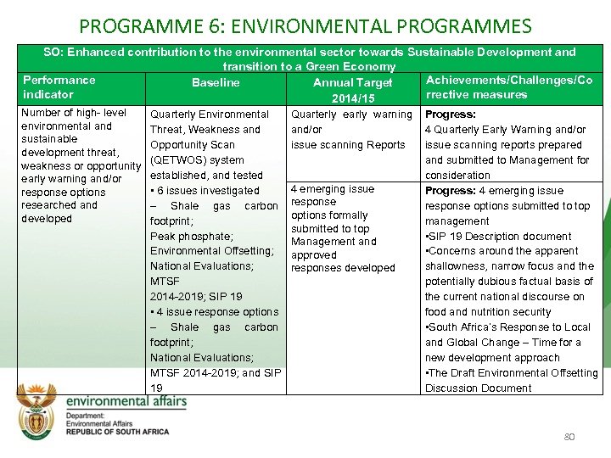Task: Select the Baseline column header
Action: click(216, 83)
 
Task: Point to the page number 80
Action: click(569, 437)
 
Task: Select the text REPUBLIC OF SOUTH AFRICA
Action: click(118, 431)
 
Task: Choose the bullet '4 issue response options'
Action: click(214, 312)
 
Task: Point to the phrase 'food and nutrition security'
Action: click(488, 312)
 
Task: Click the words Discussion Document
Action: click(478, 388)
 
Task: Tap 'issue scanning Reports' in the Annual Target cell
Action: click(348, 145)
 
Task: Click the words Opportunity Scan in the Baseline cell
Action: click(193, 145)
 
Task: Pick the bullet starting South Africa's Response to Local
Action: click(507, 327)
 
